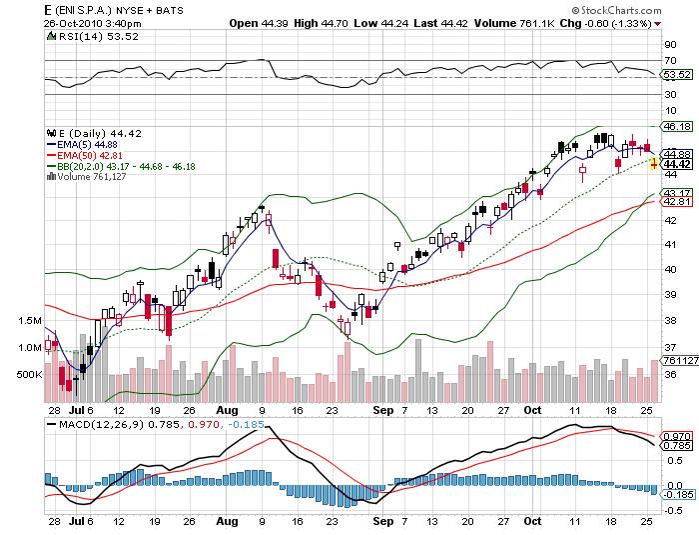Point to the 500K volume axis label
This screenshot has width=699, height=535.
coord(30,374)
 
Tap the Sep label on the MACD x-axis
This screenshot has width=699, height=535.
coord(380,521)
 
